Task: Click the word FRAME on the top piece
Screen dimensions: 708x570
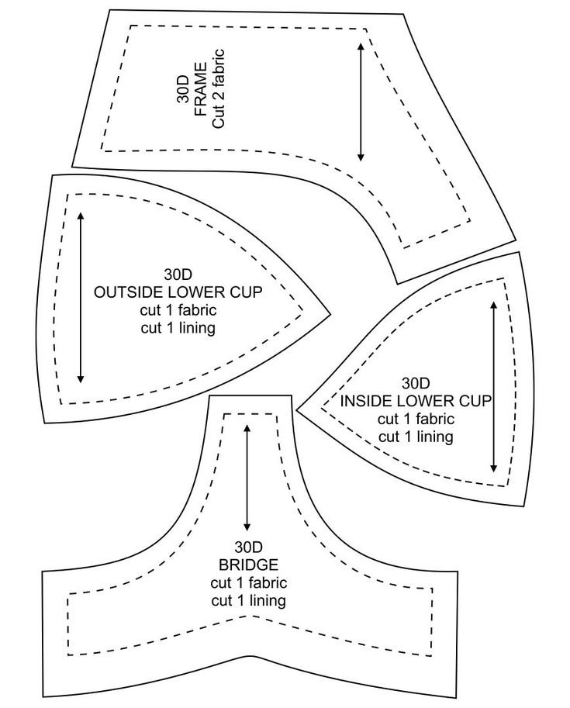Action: [x=201, y=90]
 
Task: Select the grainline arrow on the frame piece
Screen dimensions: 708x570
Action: [x=361, y=101]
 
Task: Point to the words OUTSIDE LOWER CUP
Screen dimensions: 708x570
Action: [x=178, y=292]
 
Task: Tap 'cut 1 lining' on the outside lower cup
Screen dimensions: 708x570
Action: [x=178, y=328]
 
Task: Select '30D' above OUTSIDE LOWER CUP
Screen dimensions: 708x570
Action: [x=178, y=275]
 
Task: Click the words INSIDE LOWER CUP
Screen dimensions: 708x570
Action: [x=416, y=401]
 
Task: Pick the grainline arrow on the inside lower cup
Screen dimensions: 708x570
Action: [x=493, y=387]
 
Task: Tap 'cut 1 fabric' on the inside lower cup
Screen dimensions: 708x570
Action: [x=416, y=419]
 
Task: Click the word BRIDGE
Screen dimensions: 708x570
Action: [x=248, y=564]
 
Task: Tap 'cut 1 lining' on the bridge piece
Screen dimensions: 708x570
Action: [x=248, y=600]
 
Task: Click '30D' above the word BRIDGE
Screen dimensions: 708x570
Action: [x=248, y=546]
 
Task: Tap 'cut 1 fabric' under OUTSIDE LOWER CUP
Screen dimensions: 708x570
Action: [x=178, y=310]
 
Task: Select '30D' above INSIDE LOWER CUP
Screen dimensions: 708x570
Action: [x=416, y=383]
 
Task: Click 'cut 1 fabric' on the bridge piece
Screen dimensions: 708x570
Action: [x=248, y=582]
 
